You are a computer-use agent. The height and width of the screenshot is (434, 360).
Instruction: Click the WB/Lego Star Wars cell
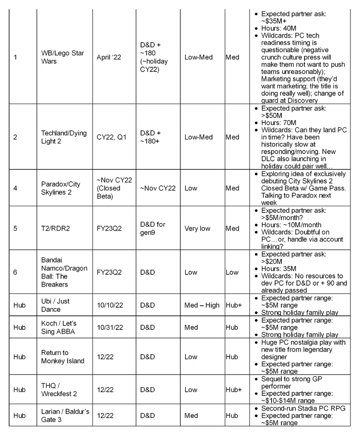point(63,57)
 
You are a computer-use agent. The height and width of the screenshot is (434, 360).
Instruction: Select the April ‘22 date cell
point(109,57)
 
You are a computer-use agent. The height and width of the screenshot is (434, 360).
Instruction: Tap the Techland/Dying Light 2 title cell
point(64,137)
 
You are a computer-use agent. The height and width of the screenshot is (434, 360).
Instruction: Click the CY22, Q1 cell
point(112,137)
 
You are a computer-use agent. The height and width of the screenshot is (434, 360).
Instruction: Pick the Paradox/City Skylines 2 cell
point(61,188)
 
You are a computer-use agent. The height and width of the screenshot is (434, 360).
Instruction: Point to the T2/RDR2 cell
point(56,229)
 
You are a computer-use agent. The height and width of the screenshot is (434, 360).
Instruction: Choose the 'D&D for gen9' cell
point(153,229)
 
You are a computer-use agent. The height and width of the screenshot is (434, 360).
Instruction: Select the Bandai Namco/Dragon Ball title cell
point(64,272)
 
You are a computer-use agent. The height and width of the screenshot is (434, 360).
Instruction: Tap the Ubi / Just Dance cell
point(56,305)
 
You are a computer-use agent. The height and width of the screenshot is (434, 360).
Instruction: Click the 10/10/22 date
point(112,305)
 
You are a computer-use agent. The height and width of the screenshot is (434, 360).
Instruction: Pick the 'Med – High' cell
point(202,305)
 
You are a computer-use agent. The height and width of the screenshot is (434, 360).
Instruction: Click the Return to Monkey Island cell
point(63,357)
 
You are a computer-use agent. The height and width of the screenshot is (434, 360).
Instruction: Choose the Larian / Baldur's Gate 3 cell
point(65,416)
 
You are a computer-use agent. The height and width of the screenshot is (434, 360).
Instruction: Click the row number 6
point(15,272)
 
